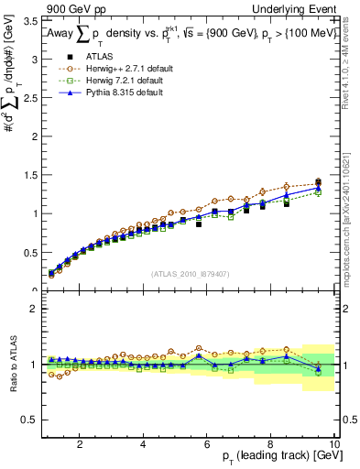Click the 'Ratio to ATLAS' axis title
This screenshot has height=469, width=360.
[12, 365]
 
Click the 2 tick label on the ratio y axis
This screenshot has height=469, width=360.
[33, 309]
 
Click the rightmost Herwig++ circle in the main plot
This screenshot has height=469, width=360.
[318, 181]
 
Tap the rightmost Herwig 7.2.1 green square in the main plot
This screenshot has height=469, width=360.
[318, 192]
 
